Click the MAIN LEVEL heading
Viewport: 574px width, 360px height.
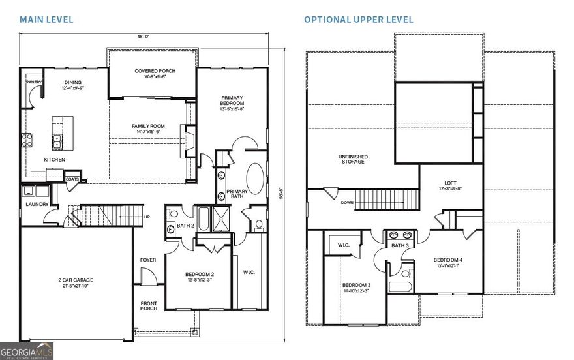click(x=46, y=20)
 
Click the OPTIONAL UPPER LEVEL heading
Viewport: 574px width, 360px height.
click(x=358, y=20)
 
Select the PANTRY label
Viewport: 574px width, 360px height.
click(x=34, y=83)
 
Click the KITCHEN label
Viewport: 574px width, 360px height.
click(x=54, y=160)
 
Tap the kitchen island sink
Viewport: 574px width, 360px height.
click(x=57, y=139)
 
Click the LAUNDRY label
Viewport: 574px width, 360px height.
click(x=37, y=205)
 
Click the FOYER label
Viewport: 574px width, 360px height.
click(x=148, y=260)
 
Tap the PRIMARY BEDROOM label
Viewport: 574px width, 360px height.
click(x=232, y=104)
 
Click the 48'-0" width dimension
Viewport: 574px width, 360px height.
click(x=145, y=37)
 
